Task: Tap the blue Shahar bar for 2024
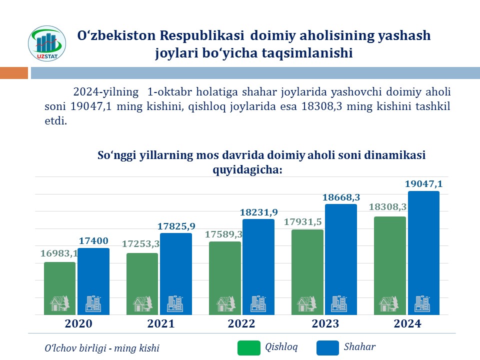pos(423,250)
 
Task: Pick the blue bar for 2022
pos(258,265)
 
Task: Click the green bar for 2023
pos(307,270)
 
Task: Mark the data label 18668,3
pos(341,197)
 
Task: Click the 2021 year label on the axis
pos(161,323)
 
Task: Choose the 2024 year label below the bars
pos(407,323)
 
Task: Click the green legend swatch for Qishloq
pos(249,348)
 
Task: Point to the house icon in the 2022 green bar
pos(225,303)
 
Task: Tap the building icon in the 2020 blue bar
pos(93,303)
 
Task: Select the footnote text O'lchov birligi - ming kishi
pos(102,348)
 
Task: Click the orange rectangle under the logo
pos(14,73)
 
